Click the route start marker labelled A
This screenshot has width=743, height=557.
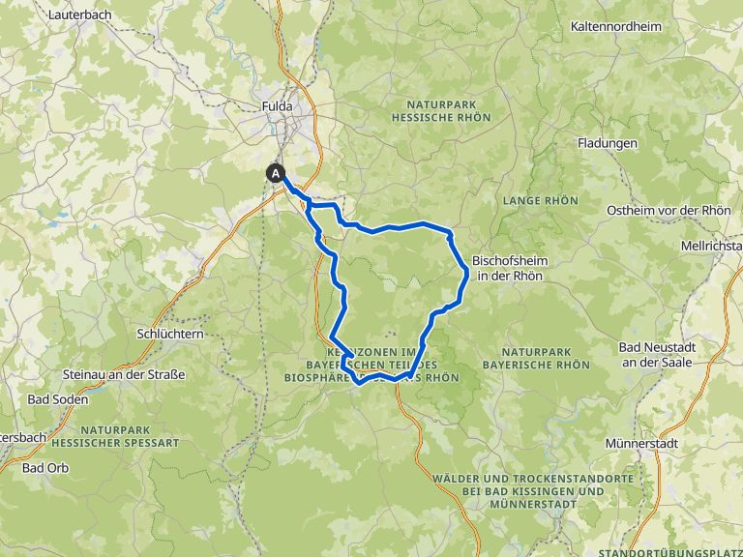pos(277,173)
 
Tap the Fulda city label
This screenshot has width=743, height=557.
pos(277,106)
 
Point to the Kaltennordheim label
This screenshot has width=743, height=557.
pos(617,26)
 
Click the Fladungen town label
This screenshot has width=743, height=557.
pos(607,143)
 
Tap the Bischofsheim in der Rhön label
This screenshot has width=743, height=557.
pos(507,268)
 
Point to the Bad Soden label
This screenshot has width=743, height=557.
pos(58,398)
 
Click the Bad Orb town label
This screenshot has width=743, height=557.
pos(45,468)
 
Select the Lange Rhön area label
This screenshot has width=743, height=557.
pos(540,201)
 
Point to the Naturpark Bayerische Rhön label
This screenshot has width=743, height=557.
pos(545,358)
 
